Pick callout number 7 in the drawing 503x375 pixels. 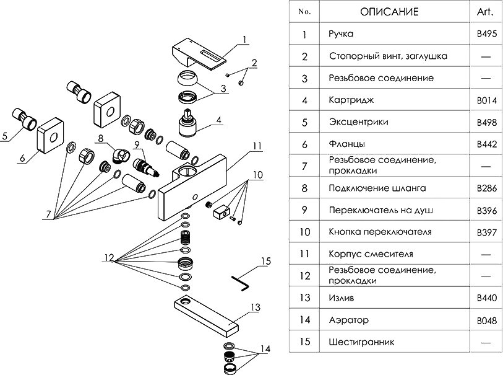[48, 214]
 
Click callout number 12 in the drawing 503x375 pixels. [109, 257]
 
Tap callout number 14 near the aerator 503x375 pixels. [265, 350]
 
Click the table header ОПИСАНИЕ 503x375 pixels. [389, 11]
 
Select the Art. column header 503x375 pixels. [486, 11]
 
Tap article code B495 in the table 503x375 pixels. [487, 35]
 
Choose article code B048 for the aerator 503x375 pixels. [487, 320]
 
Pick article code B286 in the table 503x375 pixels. [487, 188]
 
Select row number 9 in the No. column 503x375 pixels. [304, 210]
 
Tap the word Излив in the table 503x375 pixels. [342, 298]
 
